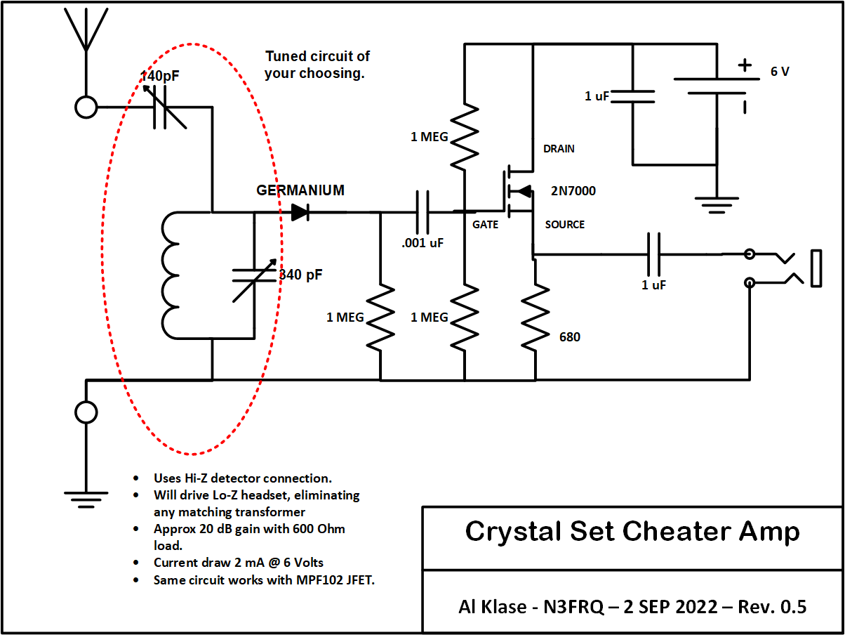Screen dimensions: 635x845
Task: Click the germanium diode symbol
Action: (300, 211)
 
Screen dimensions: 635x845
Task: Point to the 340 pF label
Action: (301, 275)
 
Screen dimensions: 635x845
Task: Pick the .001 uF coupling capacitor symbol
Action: (422, 211)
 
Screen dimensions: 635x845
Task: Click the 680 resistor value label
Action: (569, 337)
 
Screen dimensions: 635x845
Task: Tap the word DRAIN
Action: (559, 149)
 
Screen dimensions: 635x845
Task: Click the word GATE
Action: (486, 225)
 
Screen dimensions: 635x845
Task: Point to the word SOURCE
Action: (564, 225)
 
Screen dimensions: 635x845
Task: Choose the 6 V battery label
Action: (780, 72)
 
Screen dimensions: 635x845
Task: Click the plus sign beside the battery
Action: (744, 65)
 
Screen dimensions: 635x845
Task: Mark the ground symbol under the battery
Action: (716, 204)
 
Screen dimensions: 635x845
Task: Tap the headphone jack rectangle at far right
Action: (816, 268)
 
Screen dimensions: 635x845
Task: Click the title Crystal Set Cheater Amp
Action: (632, 532)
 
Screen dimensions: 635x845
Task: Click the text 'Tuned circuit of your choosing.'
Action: (317, 65)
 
